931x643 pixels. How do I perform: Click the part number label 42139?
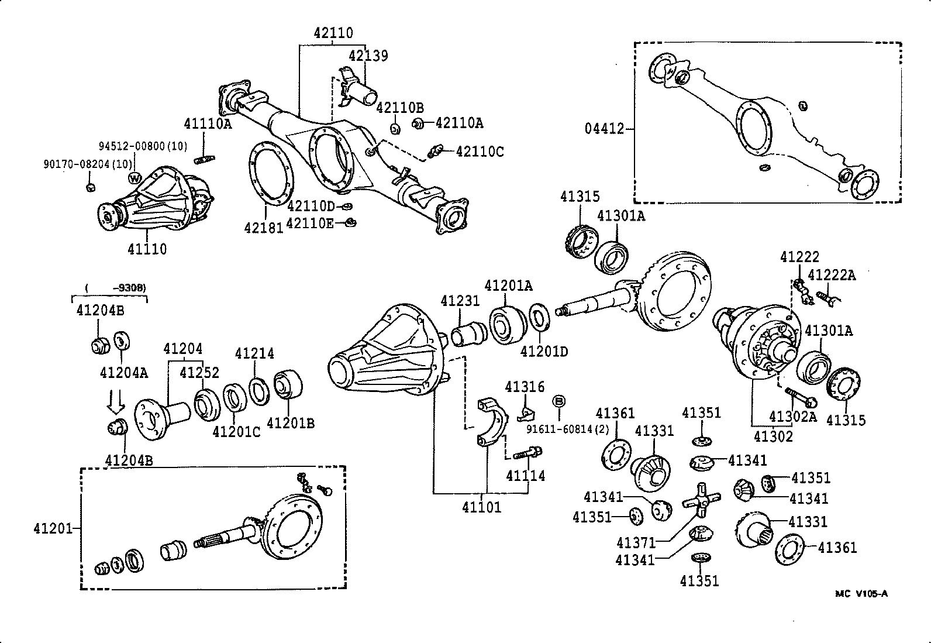click(368, 56)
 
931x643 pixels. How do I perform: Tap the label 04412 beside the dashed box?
click(605, 128)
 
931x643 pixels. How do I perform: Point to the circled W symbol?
click(135, 177)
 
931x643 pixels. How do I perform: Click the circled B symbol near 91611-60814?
click(558, 401)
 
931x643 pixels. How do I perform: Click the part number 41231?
click(460, 301)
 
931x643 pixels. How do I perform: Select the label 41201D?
click(544, 352)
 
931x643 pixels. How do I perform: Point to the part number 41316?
click(525, 387)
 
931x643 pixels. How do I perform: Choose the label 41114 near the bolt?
click(525, 476)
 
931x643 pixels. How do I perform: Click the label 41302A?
click(792, 417)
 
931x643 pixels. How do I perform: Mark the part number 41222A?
click(831, 275)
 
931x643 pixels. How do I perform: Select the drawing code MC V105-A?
click(861, 593)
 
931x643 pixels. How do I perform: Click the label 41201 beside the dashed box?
click(53, 529)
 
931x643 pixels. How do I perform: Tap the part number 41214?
click(254, 353)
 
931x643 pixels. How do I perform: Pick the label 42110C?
click(480, 152)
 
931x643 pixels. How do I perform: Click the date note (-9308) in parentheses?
click(115, 287)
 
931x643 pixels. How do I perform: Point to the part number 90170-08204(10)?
click(87, 164)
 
